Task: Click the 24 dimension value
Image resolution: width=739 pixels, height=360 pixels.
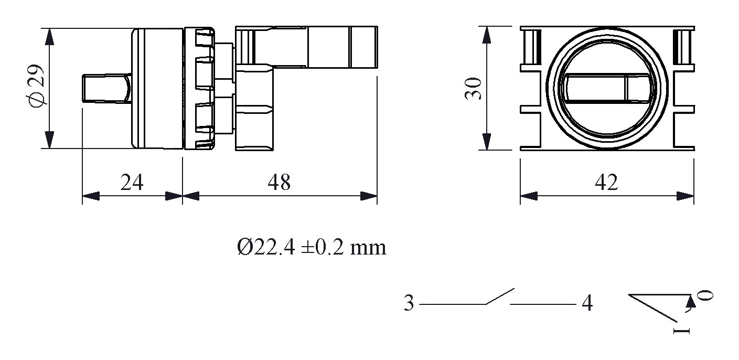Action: (x=132, y=182)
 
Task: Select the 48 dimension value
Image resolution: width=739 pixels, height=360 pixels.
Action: (x=279, y=182)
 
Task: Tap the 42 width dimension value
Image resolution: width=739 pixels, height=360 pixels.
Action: (x=606, y=182)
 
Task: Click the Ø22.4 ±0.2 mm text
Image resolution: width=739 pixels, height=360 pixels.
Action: (x=312, y=247)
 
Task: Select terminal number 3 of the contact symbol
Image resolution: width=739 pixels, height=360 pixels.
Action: (x=409, y=304)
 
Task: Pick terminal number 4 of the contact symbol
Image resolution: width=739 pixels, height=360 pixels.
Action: (x=587, y=304)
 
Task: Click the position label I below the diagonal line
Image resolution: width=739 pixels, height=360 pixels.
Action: (x=682, y=331)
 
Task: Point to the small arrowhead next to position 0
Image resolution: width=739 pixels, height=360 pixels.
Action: (x=691, y=301)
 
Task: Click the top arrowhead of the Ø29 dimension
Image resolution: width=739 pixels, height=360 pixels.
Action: (x=49, y=37)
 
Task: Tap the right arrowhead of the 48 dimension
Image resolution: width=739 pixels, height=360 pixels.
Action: (x=369, y=196)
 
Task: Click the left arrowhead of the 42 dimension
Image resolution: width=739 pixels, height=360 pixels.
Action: (x=529, y=196)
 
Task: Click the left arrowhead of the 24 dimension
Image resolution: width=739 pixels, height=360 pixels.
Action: (x=91, y=196)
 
